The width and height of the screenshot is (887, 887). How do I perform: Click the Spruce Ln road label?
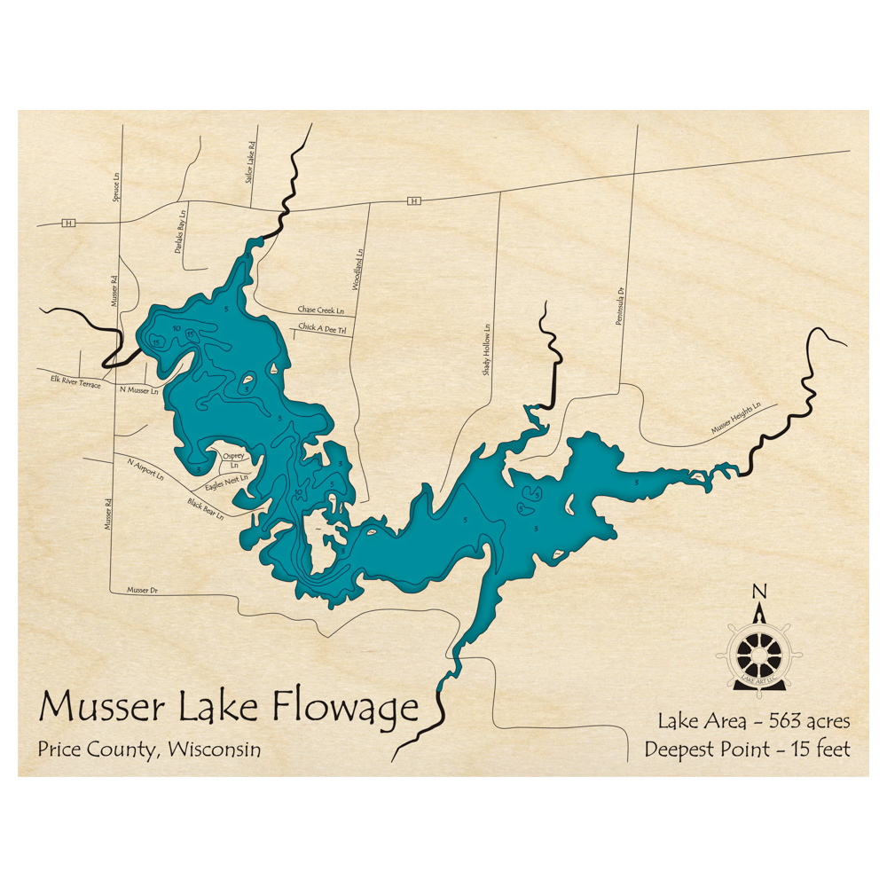click(115, 187)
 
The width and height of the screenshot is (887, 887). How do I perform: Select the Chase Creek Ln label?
click(319, 310)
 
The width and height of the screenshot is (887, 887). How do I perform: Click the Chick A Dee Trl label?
click(320, 328)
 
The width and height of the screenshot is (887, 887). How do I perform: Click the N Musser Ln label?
click(138, 390)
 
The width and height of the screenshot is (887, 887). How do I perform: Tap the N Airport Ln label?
click(146, 469)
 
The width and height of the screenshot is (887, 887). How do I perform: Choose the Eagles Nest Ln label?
click(226, 482)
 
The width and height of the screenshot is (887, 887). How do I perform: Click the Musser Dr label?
click(142, 589)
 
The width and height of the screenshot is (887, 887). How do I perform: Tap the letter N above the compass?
click(758, 593)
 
